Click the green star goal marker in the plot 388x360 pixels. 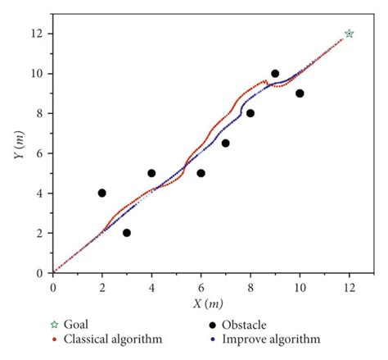pyautogui.click(x=350, y=34)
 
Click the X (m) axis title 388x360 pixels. pyautogui.click(x=204, y=303)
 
